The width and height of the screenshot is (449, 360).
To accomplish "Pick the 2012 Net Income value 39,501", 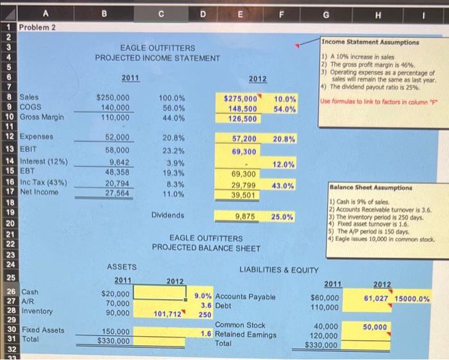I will point(244,195).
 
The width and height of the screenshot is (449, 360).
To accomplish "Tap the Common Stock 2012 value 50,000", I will point(375,327).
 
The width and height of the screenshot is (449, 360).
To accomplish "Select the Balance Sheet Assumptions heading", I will point(371,189).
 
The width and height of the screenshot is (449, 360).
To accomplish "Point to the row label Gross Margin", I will point(43,118).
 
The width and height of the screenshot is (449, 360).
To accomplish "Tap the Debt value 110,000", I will point(325,307).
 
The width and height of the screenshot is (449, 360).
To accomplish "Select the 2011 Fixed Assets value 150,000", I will point(115,332).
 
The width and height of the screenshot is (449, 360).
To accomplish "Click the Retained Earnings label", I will point(245,334).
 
